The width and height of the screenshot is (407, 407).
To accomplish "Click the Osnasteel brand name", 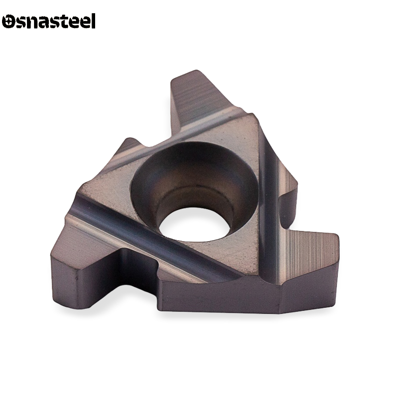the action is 49,21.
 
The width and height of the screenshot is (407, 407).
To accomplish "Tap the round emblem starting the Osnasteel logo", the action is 8,21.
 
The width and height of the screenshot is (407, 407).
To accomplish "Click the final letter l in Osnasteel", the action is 93,21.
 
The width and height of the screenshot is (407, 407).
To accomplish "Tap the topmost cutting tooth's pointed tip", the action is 196,71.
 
